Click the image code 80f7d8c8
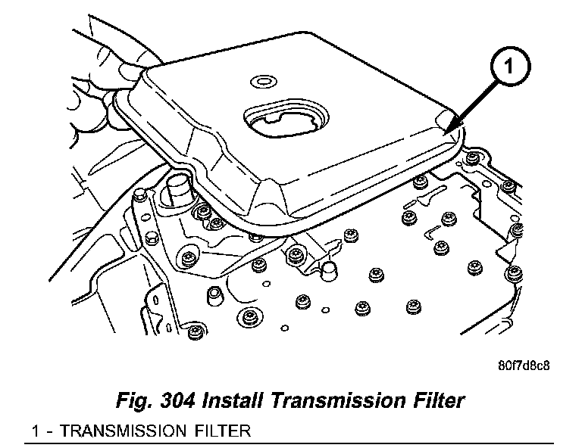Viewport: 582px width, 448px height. coord(524,365)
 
